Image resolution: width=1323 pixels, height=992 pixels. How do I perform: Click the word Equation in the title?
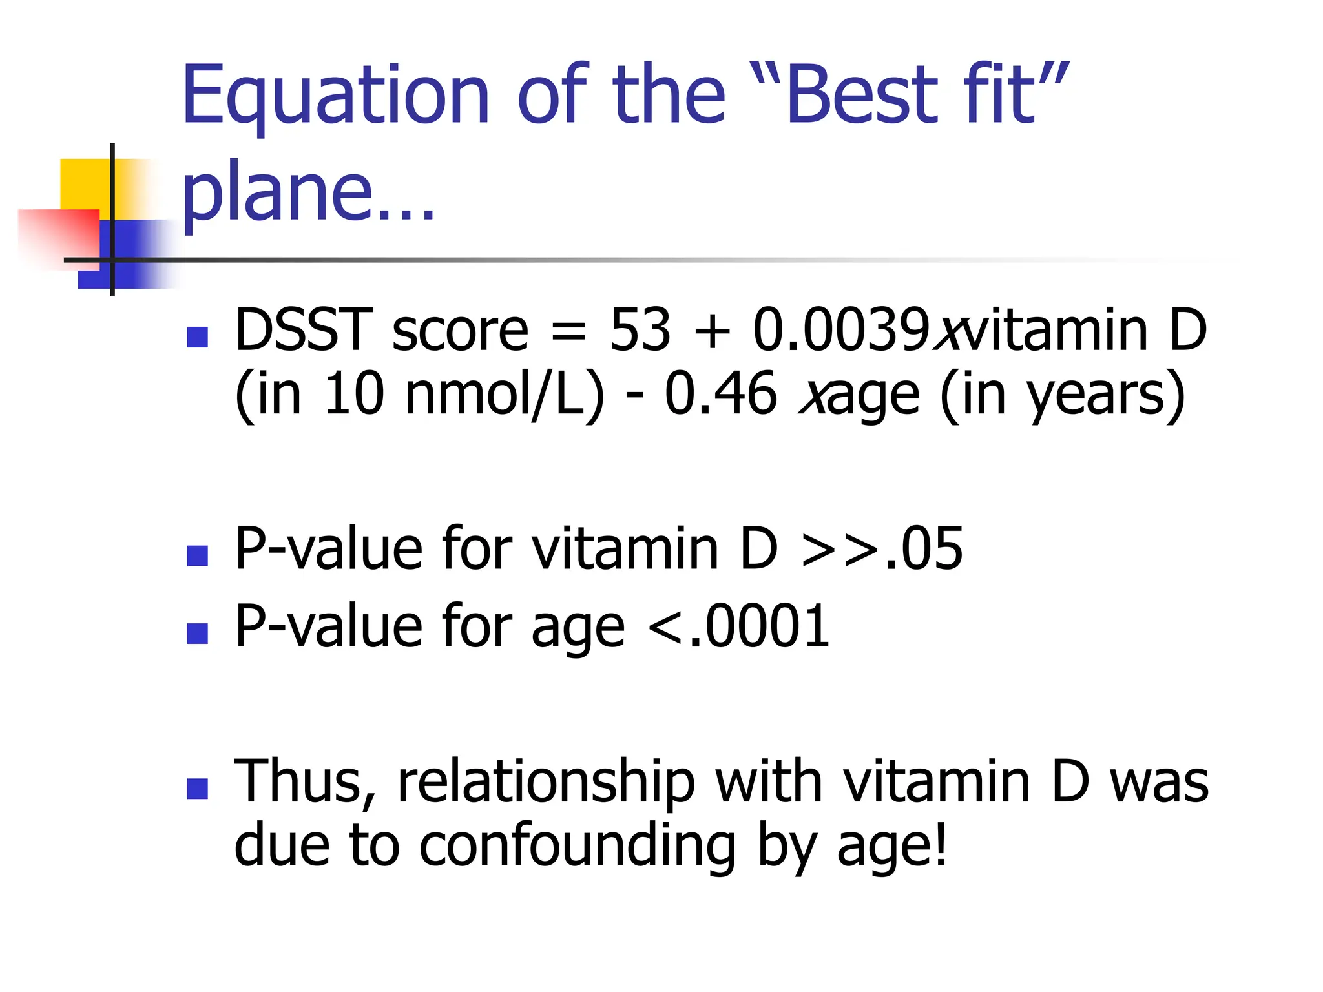335,97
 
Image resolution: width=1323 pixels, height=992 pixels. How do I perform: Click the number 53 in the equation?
640,330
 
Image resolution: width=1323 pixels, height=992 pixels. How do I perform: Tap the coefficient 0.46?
720,395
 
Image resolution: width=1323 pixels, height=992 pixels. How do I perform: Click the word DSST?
304,330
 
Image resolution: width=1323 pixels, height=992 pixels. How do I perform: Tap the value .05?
924,549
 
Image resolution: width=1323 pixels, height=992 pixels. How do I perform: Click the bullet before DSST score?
197,337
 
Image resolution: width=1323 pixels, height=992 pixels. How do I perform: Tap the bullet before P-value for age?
197,633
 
